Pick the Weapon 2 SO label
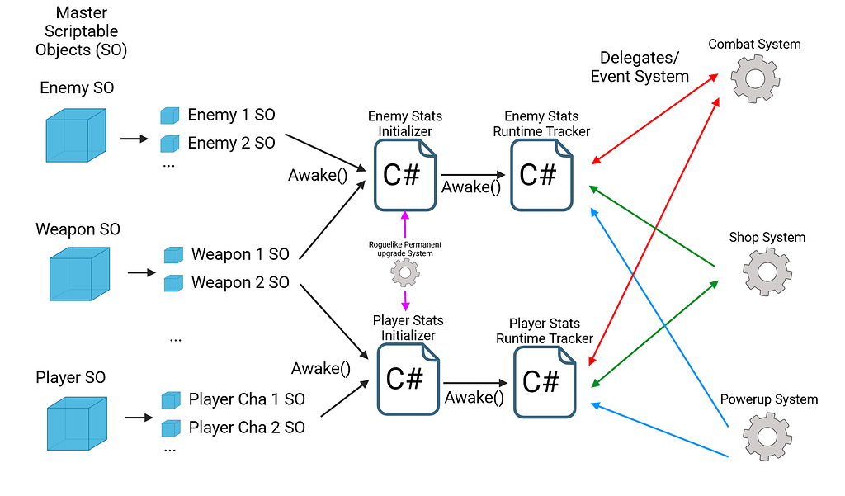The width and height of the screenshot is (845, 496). (240, 282)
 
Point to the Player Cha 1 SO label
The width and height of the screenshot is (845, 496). (247, 399)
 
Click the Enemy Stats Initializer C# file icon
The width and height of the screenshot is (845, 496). (404, 175)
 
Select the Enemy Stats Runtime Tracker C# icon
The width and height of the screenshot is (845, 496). (540, 175)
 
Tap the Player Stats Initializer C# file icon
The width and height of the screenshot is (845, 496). (405, 379)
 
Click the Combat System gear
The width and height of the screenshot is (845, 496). (754, 78)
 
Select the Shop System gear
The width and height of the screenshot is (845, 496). (767, 271)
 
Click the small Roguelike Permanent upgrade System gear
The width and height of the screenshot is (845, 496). (404, 272)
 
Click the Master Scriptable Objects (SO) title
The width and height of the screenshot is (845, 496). (81, 31)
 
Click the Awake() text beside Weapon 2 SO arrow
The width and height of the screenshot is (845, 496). (315, 368)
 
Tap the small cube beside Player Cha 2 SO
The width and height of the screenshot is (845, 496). (171, 428)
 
